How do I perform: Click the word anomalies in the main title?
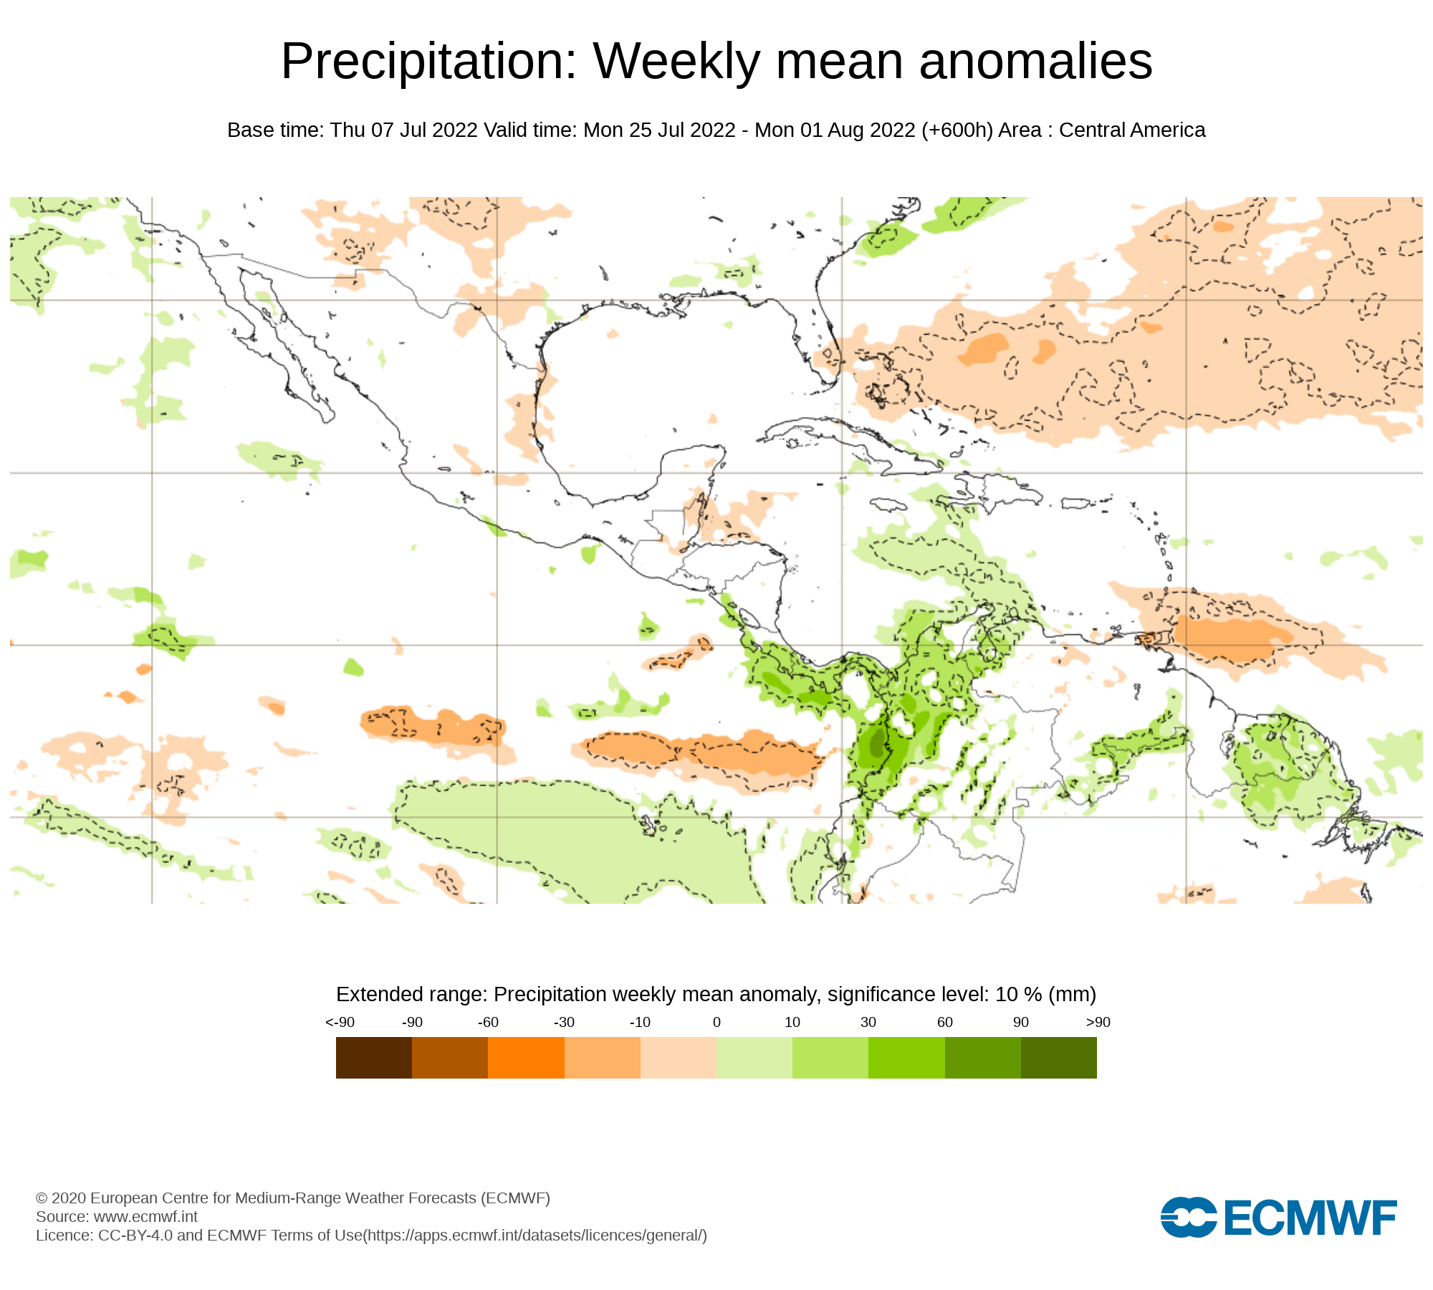1035,62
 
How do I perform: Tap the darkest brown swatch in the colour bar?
373,1058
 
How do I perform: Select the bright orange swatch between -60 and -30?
526,1058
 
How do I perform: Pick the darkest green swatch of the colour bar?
1058,1058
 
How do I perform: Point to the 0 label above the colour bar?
716,1022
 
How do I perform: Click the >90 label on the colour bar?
1098,1022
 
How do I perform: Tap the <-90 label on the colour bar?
340,1022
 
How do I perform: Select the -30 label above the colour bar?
564,1022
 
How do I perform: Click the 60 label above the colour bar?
945,1022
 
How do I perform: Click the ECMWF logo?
1278,1217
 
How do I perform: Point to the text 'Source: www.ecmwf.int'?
117,1216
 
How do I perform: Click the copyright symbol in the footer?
42,1198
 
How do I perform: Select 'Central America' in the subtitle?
1132,130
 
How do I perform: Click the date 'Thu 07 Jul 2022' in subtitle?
403,130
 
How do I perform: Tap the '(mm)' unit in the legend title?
1072,995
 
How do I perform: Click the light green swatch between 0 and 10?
754,1058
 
